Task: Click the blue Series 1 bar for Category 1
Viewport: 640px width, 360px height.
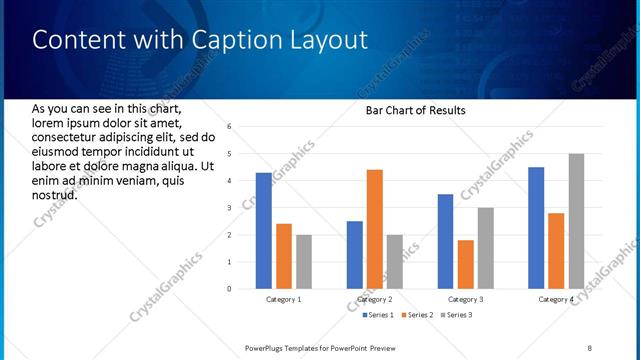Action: pos(263,231)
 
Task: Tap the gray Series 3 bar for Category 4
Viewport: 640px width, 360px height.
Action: pos(575,221)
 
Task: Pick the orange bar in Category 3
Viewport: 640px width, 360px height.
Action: pos(465,264)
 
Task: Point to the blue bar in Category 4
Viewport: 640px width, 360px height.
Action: pos(536,228)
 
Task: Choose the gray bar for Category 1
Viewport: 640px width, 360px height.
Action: pos(303,262)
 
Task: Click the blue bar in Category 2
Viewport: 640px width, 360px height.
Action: pos(355,255)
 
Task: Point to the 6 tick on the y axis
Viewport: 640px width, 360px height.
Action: pos(229,127)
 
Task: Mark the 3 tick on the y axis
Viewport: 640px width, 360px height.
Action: pos(229,208)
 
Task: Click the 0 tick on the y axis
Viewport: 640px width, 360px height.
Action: pos(229,289)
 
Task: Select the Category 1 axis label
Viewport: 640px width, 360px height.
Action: pos(283,299)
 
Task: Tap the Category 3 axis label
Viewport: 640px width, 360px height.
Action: pos(465,299)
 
